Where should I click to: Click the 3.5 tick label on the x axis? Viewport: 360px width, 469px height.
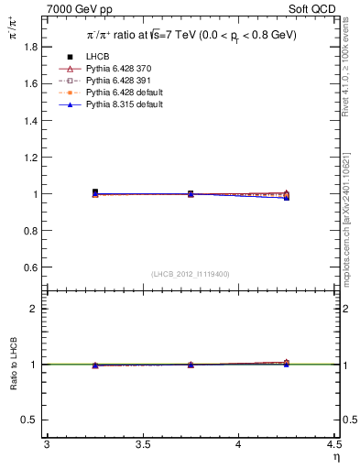pos(142,444)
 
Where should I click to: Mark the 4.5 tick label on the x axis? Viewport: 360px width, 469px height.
pos(333,444)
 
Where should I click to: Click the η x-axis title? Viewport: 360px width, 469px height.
pos(336,456)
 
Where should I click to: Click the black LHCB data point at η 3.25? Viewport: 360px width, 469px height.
pos(95,192)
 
